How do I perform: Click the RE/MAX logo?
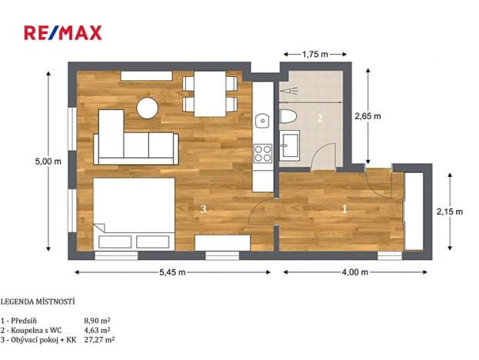(x=62, y=32)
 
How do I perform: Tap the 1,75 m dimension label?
(x=314, y=54)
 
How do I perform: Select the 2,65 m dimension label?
(x=368, y=116)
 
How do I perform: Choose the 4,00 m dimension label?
(x=354, y=272)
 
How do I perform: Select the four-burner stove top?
(x=263, y=152)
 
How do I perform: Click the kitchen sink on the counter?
(x=262, y=120)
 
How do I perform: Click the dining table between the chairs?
(x=209, y=93)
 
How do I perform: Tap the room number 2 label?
(x=320, y=118)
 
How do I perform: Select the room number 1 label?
(x=344, y=208)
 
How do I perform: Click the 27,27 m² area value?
(x=99, y=338)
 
